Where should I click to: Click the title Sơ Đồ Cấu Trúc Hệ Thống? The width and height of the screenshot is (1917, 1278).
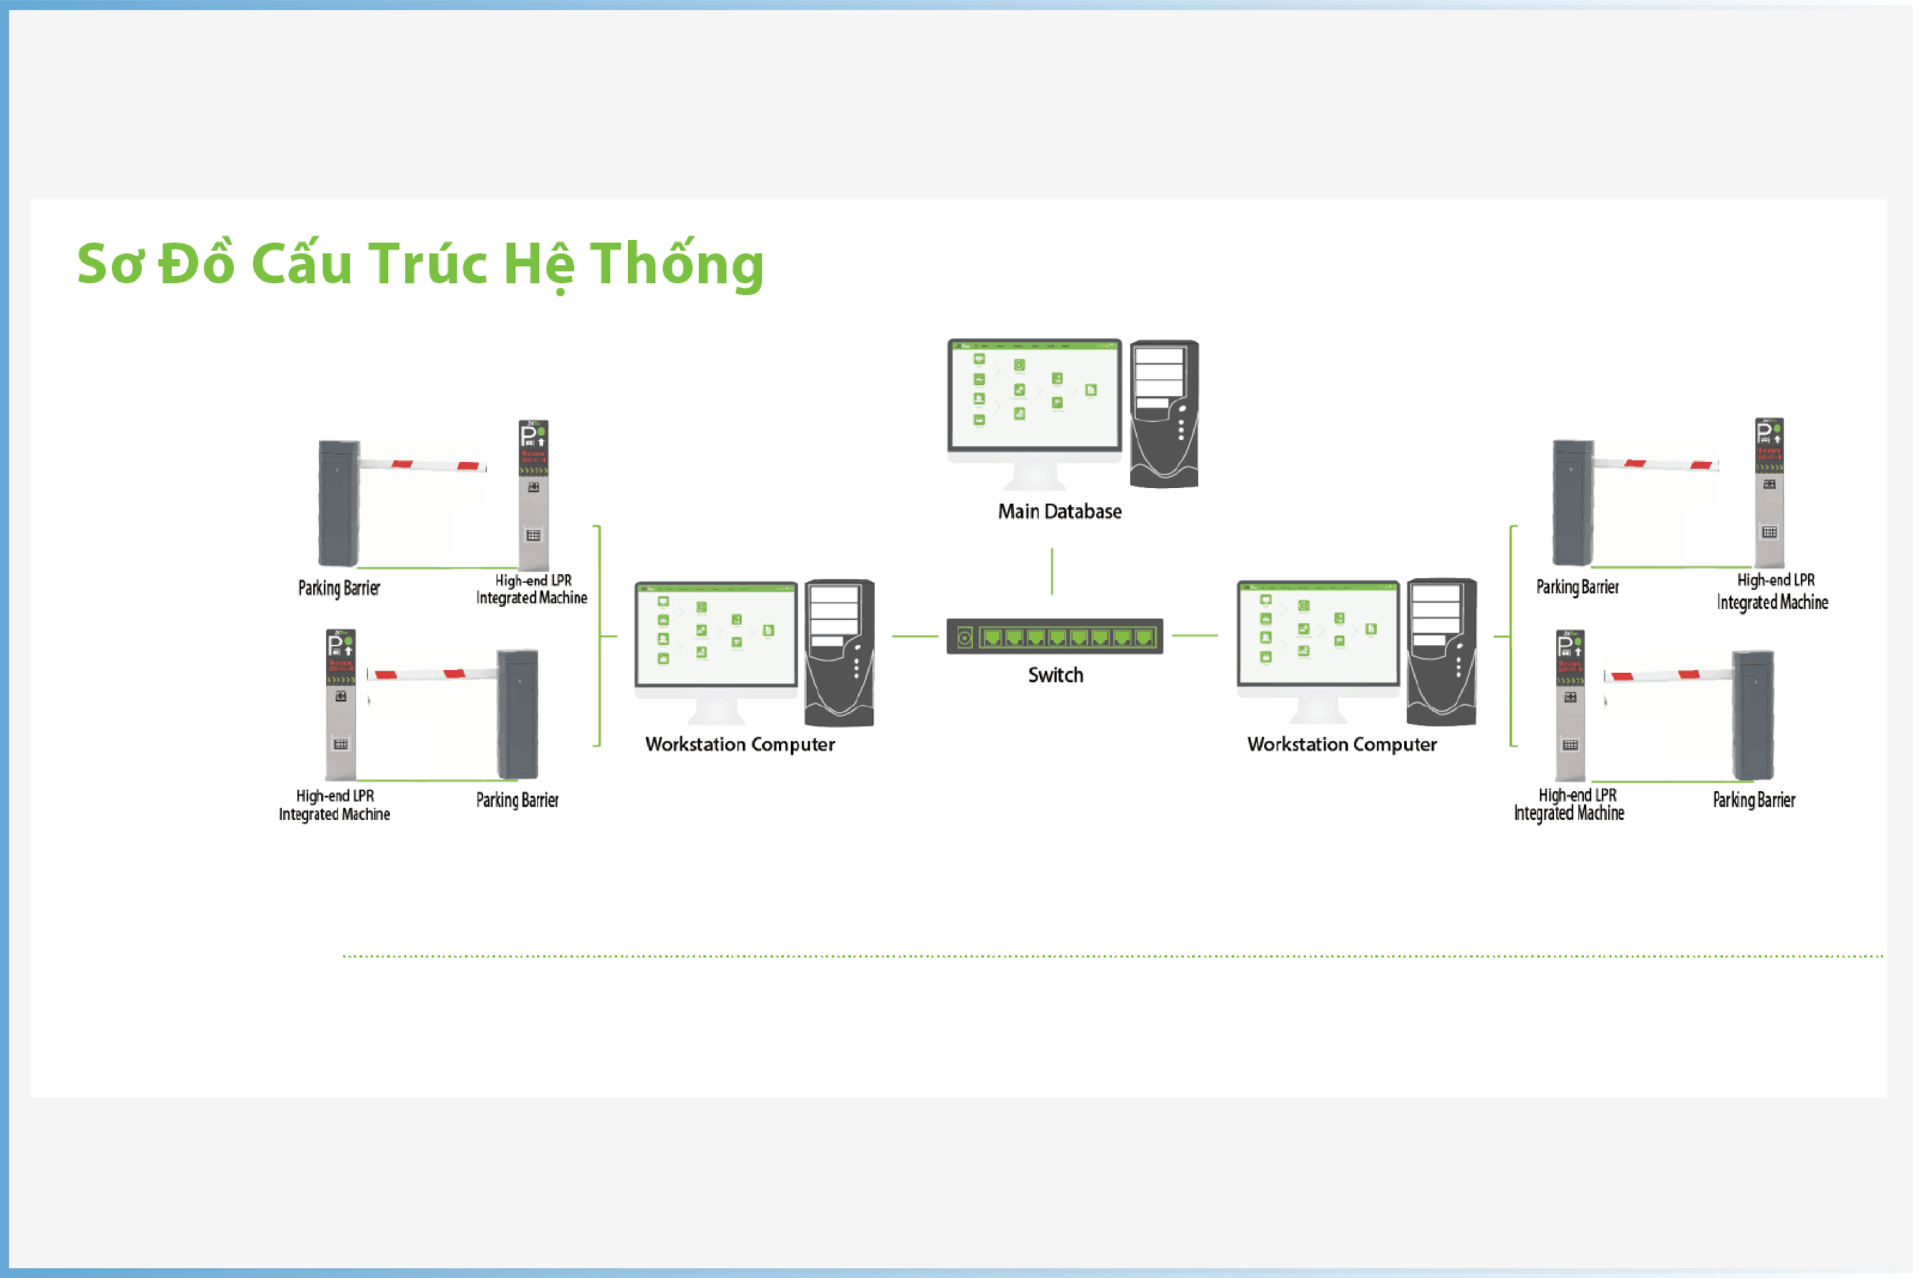tap(421, 264)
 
